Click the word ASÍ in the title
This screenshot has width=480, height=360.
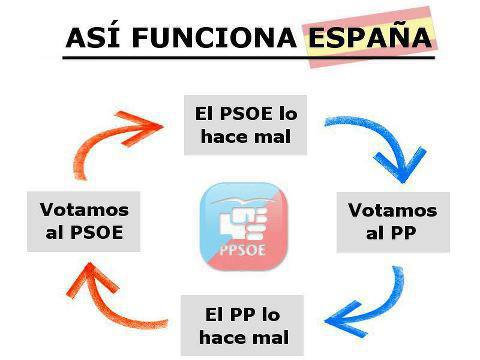click(89, 38)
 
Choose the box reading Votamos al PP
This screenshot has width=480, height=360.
click(392, 223)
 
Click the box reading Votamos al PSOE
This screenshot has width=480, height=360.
click(84, 223)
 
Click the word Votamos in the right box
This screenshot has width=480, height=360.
click(392, 211)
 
